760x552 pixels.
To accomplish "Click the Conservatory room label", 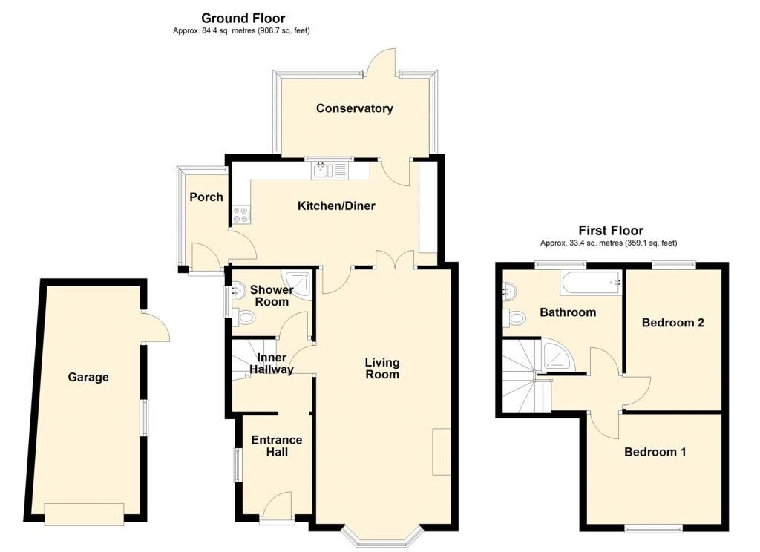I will [x=354, y=108].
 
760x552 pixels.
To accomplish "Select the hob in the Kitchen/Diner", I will [x=241, y=214].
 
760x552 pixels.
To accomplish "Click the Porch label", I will [x=206, y=197].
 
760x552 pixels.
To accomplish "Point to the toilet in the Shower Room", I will [x=245, y=318].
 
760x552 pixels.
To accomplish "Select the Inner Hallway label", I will [x=272, y=363].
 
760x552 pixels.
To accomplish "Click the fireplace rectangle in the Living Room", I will [x=442, y=451].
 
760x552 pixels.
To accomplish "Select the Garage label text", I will [x=88, y=377].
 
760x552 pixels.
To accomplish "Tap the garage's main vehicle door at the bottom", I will [x=83, y=513].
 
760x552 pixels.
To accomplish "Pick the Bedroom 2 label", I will [x=672, y=323].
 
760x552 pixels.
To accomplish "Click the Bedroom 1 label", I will [x=655, y=452].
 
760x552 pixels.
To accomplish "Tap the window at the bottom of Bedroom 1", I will [x=653, y=528].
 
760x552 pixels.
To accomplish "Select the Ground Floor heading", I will [x=243, y=18].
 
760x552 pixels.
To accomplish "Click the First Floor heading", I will [x=611, y=231].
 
